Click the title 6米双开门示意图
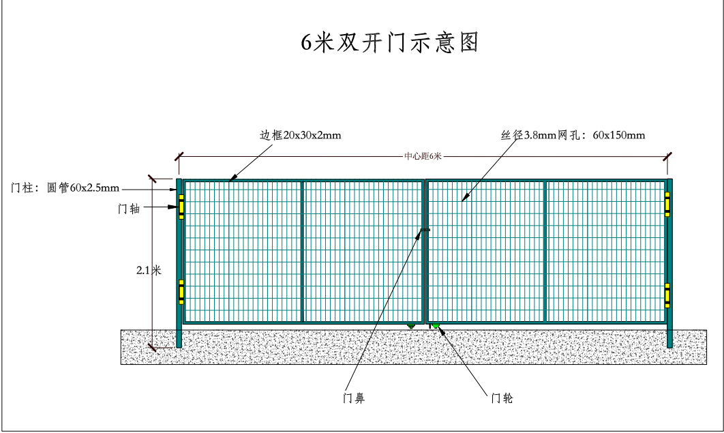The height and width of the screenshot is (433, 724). pyautogui.click(x=391, y=42)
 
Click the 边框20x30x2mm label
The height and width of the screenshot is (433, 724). pyautogui.click(x=300, y=135)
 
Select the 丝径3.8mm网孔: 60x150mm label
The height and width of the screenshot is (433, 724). pyautogui.click(x=573, y=135)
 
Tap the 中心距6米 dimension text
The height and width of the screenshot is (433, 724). pyautogui.click(x=423, y=156)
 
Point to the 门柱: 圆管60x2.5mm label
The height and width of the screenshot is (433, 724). pyautogui.click(x=65, y=188)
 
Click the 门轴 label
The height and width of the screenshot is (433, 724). pyautogui.click(x=129, y=209)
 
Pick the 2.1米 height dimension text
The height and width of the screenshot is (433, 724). pyautogui.click(x=149, y=270)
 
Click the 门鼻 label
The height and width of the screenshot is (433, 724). pyautogui.click(x=353, y=398)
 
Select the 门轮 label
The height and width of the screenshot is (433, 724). pyautogui.click(x=502, y=398)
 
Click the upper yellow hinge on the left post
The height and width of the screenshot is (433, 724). pyautogui.click(x=181, y=206)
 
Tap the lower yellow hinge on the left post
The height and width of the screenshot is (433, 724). pyautogui.click(x=181, y=291)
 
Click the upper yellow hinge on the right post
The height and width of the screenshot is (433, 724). pyautogui.click(x=667, y=205)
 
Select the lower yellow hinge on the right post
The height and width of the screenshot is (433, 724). pyautogui.click(x=667, y=295)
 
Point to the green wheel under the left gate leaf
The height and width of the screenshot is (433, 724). pyautogui.click(x=410, y=327)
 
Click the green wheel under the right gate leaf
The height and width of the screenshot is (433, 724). pyautogui.click(x=435, y=327)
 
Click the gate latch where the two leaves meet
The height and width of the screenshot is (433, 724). pyautogui.click(x=425, y=230)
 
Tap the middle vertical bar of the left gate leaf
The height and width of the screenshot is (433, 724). pyautogui.click(x=302, y=251)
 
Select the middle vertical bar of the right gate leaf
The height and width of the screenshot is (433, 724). pyautogui.click(x=545, y=251)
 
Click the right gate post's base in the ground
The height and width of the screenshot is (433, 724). pyautogui.click(x=669, y=339)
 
